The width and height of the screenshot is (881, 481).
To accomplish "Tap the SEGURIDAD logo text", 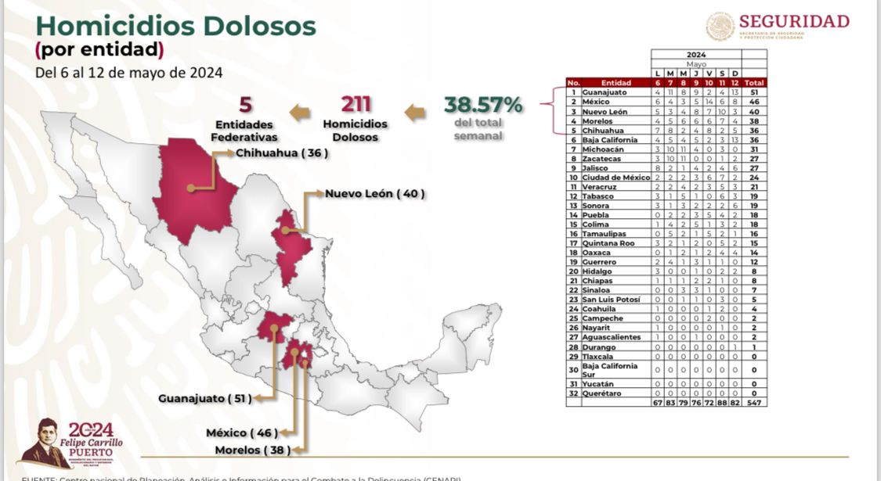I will tap(793, 21).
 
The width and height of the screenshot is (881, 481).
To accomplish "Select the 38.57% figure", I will tap(483, 104).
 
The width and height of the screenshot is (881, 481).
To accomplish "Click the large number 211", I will tap(355, 105).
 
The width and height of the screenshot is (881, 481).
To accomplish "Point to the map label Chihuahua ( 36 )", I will tap(281, 153).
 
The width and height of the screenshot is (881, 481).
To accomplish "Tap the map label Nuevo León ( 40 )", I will tap(375, 192).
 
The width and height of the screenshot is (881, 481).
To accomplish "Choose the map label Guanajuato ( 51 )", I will tap(205, 398).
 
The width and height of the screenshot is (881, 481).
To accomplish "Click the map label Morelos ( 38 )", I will tap(252, 450).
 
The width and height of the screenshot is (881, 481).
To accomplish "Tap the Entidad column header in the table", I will tap(616, 82).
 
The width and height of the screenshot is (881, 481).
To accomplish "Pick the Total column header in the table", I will tap(755, 82).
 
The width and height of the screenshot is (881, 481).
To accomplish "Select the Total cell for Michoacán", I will tap(755, 149).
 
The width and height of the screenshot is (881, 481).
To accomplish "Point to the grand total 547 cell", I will tap(755, 402).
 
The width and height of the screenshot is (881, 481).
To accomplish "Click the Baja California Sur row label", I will tap(613, 369).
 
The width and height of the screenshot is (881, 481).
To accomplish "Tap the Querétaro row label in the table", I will tap(601, 393).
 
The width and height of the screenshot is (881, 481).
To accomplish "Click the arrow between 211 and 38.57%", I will tap(415, 112).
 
